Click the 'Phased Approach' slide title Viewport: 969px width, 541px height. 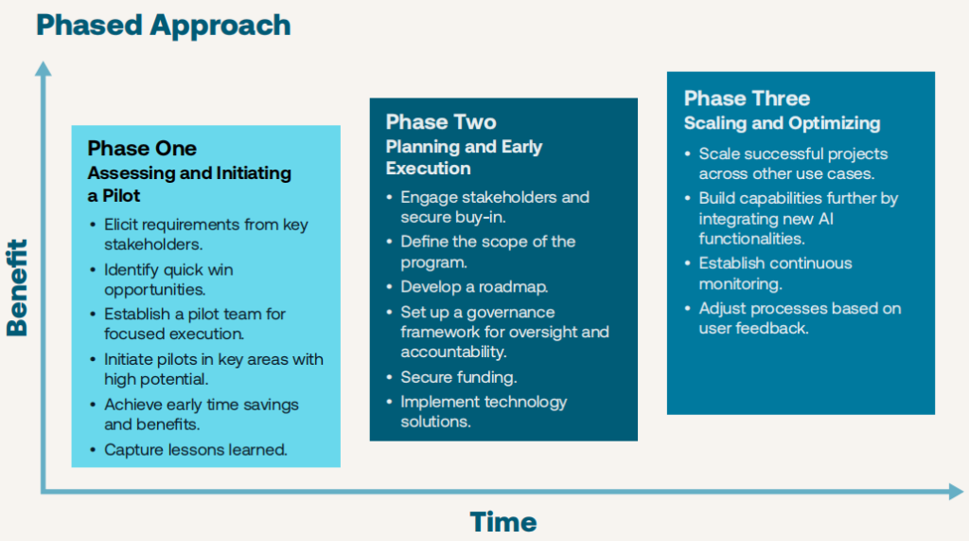[164, 27]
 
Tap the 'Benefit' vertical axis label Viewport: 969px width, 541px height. [17, 288]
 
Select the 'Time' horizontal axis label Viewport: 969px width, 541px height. [503, 522]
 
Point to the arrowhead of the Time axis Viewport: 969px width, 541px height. [956, 492]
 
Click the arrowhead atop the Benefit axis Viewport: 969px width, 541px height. [44, 68]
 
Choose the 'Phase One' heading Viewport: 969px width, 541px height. [142, 149]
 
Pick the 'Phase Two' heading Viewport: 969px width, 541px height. [441, 122]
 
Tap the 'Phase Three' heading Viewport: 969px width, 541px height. [747, 99]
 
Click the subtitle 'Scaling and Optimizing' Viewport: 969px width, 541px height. [782, 123]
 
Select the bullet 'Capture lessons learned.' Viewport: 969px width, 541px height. [195, 450]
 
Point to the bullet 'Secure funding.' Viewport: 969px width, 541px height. [459, 377]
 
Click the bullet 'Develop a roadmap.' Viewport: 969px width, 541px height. [474, 287]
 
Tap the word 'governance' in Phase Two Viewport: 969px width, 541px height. [510, 313]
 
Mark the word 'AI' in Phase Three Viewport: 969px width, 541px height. [825, 219]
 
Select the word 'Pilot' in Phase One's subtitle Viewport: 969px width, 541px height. [122, 195]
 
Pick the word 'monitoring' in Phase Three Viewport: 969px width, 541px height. [740, 284]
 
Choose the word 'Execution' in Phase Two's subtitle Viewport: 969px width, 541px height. [429, 169]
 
